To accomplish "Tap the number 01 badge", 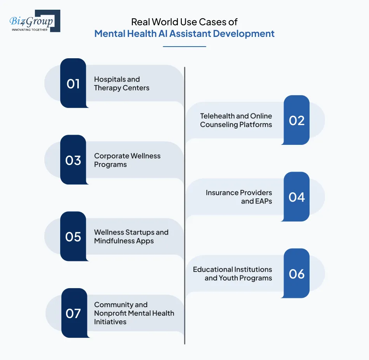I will (73, 83).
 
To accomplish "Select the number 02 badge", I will (296, 120).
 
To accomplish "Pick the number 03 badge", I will (73, 160).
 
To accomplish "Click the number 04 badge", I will (296, 197).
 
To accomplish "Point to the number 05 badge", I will (73, 236).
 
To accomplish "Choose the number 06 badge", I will (296, 273).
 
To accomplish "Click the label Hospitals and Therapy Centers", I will (122, 83).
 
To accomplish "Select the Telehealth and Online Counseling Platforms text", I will (236, 120).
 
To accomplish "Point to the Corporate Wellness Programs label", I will (127, 160).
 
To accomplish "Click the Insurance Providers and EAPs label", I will (238, 197).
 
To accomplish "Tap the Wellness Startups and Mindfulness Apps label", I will (131, 237).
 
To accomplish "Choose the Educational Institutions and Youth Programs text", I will (232, 273).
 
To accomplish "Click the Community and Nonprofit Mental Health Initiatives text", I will (134, 313).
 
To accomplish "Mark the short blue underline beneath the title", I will (184, 47).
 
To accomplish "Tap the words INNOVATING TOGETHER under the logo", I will (30, 30).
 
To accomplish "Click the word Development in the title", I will (244, 33).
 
